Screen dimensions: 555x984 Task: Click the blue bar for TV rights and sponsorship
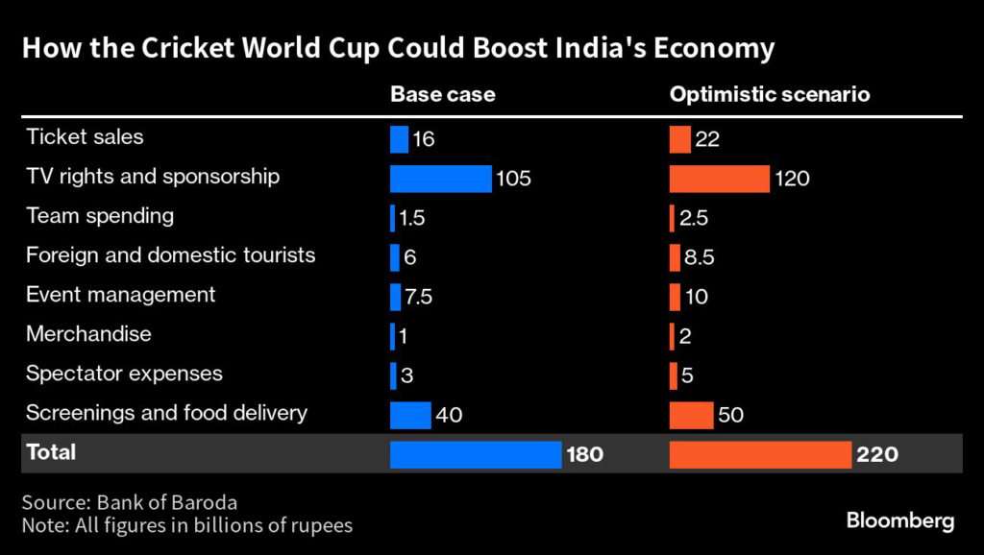click(x=441, y=179)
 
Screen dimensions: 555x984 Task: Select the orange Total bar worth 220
click(x=760, y=454)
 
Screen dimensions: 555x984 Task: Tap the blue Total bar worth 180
click(x=476, y=454)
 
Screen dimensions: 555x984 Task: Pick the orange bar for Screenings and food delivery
click(x=691, y=415)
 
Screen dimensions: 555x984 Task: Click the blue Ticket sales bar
click(x=399, y=139)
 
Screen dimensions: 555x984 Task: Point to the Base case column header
click(x=442, y=95)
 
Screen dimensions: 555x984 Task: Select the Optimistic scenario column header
click(x=770, y=95)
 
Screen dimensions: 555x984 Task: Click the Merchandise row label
click(x=88, y=334)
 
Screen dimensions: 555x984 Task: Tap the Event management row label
click(x=121, y=295)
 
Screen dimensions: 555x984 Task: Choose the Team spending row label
click(x=100, y=216)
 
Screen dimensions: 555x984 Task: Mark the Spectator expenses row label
click(x=124, y=374)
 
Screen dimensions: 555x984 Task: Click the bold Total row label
click(x=51, y=452)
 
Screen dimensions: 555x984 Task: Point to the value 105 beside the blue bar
click(x=513, y=179)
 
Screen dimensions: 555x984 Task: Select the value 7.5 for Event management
click(x=418, y=297)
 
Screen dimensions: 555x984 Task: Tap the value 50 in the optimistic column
click(x=730, y=415)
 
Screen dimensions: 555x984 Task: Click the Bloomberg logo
click(x=900, y=521)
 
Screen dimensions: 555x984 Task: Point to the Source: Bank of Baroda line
click(x=129, y=502)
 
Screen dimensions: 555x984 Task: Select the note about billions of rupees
click(x=187, y=525)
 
